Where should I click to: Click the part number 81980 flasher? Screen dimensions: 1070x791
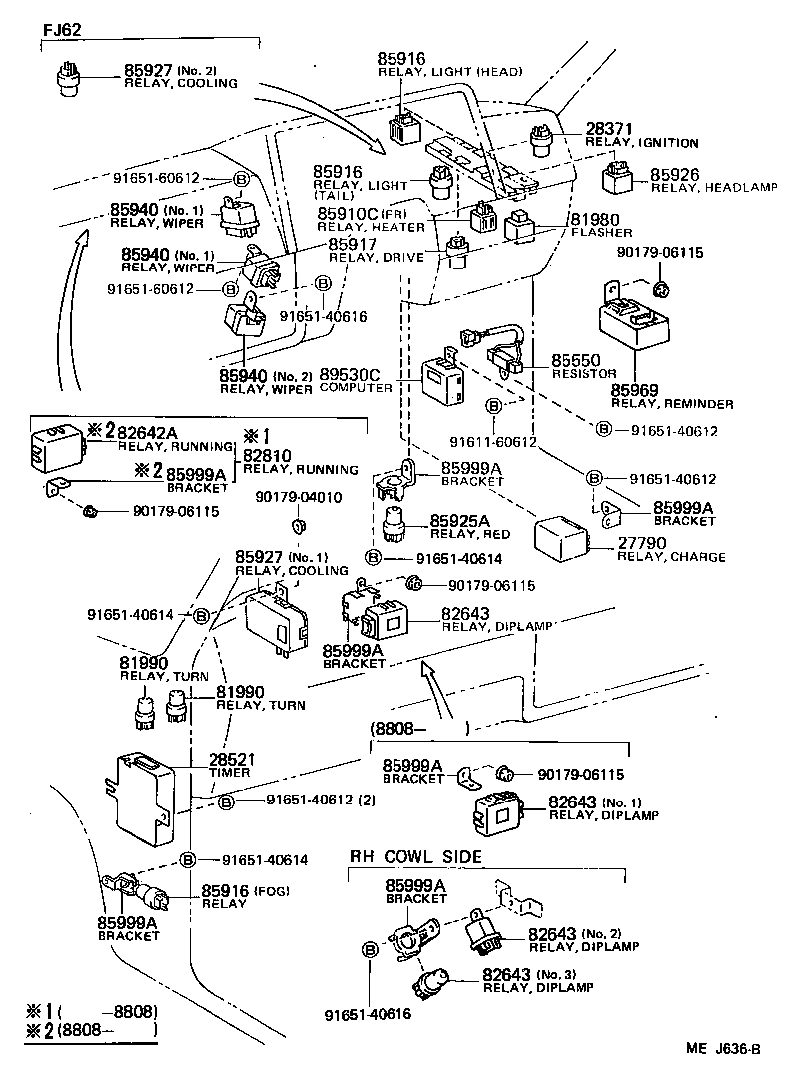click(x=594, y=219)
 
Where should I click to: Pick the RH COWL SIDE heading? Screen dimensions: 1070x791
click(x=415, y=857)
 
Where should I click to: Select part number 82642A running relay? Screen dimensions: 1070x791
click(x=147, y=432)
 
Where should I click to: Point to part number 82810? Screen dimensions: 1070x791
click(x=269, y=455)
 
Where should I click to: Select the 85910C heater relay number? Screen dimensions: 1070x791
click(x=346, y=213)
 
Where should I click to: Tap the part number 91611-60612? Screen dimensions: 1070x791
click(x=493, y=441)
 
